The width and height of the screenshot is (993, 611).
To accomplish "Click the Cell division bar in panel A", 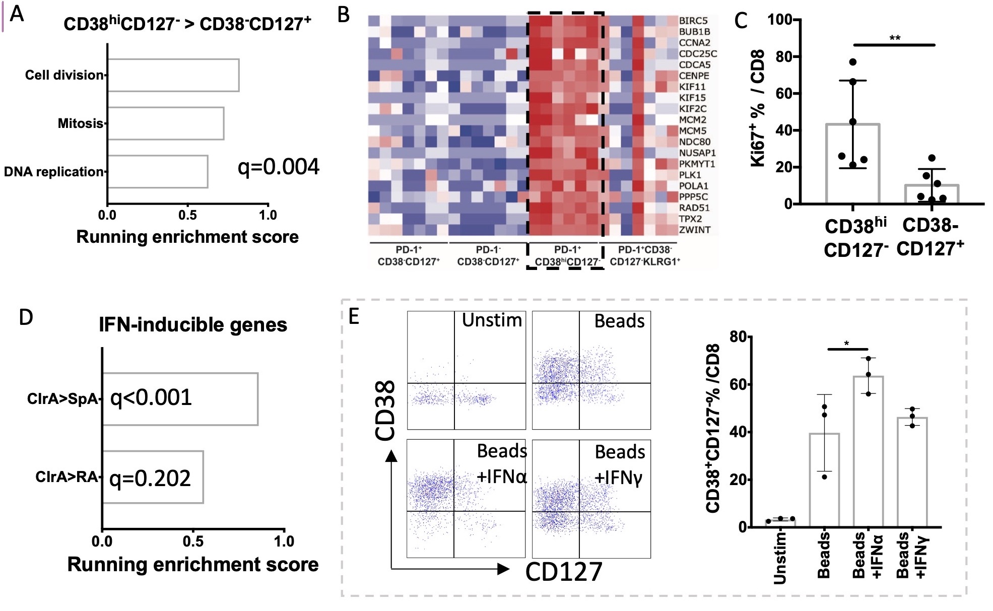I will (x=173, y=75).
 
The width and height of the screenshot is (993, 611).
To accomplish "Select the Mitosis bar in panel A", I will (x=165, y=123).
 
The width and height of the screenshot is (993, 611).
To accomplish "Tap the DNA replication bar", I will (x=157, y=172).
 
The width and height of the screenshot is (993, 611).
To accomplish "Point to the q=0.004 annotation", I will (x=278, y=167).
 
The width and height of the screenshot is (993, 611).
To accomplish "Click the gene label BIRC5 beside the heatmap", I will (x=693, y=21).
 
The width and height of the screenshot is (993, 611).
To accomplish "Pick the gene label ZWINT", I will (x=695, y=230).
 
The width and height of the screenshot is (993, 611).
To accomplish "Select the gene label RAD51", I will (x=694, y=208).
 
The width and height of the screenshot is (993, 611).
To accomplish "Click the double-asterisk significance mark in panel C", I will (x=895, y=38).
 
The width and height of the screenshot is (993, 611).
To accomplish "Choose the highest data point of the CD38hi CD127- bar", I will (x=853, y=62).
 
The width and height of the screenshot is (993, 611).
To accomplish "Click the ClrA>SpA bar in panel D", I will (x=180, y=399).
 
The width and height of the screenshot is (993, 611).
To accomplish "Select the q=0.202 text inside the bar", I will (x=150, y=478).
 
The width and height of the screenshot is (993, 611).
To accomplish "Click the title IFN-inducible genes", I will (x=193, y=325).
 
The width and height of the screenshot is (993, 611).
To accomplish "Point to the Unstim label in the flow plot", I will (x=492, y=320).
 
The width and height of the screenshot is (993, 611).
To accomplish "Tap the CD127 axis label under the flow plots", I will (x=564, y=572).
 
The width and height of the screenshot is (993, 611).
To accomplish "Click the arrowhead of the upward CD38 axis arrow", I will (x=391, y=456).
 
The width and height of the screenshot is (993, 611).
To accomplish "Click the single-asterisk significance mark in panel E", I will (x=847, y=344).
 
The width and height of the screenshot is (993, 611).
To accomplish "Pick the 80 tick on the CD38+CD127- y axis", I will (x=738, y=336).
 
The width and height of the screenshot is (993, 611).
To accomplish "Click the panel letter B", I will (x=344, y=15).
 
